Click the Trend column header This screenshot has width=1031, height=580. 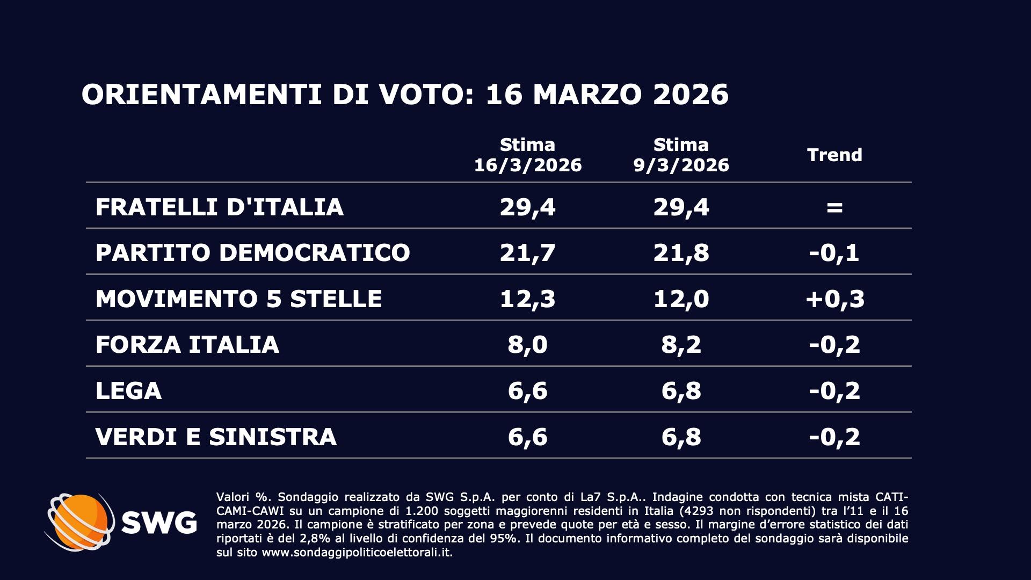(x=834, y=155)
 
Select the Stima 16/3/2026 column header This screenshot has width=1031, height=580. (x=527, y=155)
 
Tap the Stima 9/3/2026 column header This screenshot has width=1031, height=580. (x=681, y=155)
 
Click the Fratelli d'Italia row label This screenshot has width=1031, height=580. (x=219, y=207)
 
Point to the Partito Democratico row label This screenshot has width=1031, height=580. (x=252, y=252)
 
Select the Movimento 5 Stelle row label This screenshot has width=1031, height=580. (x=238, y=299)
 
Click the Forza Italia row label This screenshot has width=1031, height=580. (x=187, y=344)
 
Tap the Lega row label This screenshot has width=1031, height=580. (x=128, y=390)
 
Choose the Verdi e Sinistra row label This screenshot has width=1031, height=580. (x=216, y=437)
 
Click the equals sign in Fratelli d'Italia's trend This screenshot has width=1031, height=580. (x=834, y=207)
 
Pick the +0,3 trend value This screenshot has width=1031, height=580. (x=834, y=299)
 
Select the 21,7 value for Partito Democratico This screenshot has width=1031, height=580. (x=527, y=252)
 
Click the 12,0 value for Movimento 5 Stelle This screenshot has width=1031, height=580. (x=681, y=299)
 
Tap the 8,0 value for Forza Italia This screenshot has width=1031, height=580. (x=527, y=344)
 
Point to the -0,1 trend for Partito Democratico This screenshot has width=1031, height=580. (x=834, y=252)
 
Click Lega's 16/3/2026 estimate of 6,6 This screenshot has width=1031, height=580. (x=527, y=390)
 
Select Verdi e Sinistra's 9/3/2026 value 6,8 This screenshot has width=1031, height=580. (x=681, y=437)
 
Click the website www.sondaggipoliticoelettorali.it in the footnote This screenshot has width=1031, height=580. (x=357, y=552)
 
